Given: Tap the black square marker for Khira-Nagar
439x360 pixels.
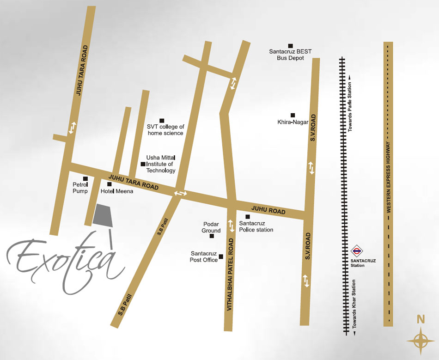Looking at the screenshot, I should click(293, 115).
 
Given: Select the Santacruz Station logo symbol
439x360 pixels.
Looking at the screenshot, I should click(356, 252).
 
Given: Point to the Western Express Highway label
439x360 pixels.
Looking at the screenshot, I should click(389, 177).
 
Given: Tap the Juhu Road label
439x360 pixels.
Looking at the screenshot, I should click(268, 210).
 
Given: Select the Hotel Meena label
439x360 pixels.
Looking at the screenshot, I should click(117, 191).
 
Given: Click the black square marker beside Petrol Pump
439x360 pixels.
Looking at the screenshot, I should click(85, 179).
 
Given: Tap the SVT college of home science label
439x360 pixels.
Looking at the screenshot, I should click(165, 130).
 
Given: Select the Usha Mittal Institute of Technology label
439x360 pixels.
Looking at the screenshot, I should click(161, 164).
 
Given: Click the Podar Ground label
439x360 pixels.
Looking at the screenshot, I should click(211, 227).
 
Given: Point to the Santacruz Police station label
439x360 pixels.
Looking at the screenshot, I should click(256, 226).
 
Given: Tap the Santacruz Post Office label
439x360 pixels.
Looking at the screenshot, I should click(204, 257).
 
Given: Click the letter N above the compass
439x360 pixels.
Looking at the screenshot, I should click(421, 319).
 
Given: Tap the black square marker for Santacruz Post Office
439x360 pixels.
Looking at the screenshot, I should click(221, 256).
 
